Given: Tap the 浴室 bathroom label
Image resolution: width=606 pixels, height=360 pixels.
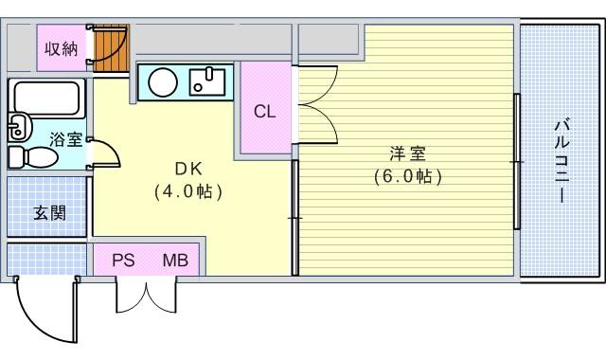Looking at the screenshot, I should point(65,138).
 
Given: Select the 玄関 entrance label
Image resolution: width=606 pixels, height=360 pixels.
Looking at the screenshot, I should point(50,212).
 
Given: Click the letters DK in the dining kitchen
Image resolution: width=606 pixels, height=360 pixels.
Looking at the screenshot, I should point(187,169).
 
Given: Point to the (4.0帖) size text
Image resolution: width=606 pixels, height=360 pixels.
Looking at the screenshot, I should point(187,191).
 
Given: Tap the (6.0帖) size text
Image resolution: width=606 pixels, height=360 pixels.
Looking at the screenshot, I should point(407,176).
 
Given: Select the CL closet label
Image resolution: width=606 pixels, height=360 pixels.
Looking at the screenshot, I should point(264,111).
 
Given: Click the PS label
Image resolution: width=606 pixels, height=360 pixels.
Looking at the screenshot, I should point(123,260).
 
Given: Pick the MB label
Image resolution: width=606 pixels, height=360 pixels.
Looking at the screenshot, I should point(174,260).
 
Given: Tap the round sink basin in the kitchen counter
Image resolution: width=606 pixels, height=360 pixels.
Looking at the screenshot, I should point(162,82).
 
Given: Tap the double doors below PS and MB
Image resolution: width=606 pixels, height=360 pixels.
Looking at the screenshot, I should point(146,295).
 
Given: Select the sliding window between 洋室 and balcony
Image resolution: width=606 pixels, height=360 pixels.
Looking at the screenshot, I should point(517,161).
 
